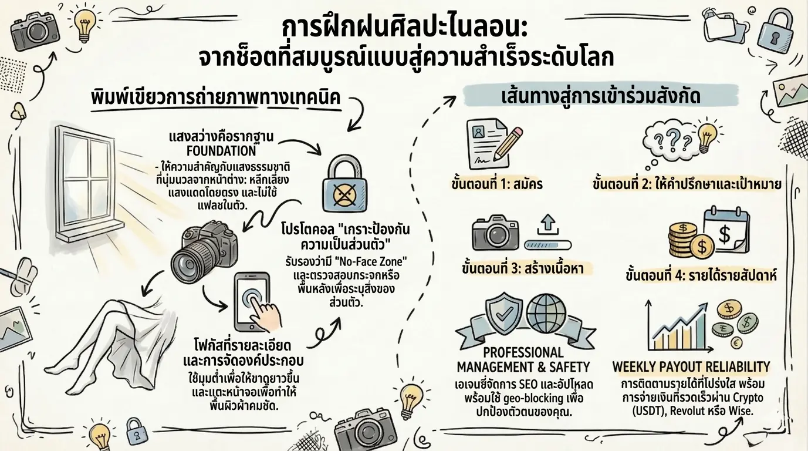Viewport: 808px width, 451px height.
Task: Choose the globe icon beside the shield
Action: tap(546, 311)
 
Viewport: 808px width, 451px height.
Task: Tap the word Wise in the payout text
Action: tap(743, 412)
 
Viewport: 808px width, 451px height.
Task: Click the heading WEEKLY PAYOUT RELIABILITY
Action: tap(691, 367)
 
